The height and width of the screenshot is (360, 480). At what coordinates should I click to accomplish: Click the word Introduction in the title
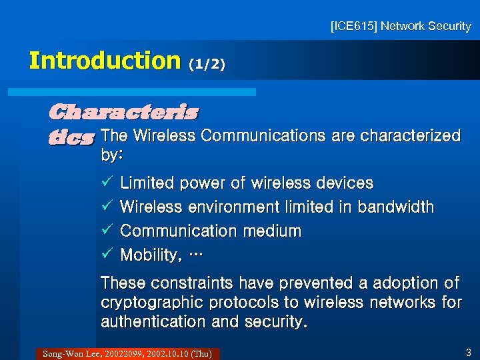pyautogui.click(x=105, y=61)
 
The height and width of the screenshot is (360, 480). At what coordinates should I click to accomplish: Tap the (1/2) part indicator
pyautogui.click(x=207, y=64)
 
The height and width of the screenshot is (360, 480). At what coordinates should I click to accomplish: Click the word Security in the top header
pyautogui.click(x=448, y=27)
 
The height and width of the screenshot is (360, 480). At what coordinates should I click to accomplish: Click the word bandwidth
pyautogui.click(x=396, y=207)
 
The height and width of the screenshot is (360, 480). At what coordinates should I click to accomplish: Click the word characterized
pyautogui.click(x=410, y=136)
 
